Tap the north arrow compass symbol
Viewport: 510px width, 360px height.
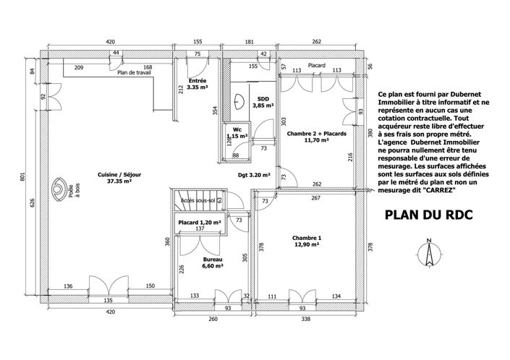(429, 253)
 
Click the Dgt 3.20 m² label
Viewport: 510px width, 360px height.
(254, 174)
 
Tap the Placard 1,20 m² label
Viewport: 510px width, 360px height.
(199, 222)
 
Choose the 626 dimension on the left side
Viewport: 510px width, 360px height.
(33, 202)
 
